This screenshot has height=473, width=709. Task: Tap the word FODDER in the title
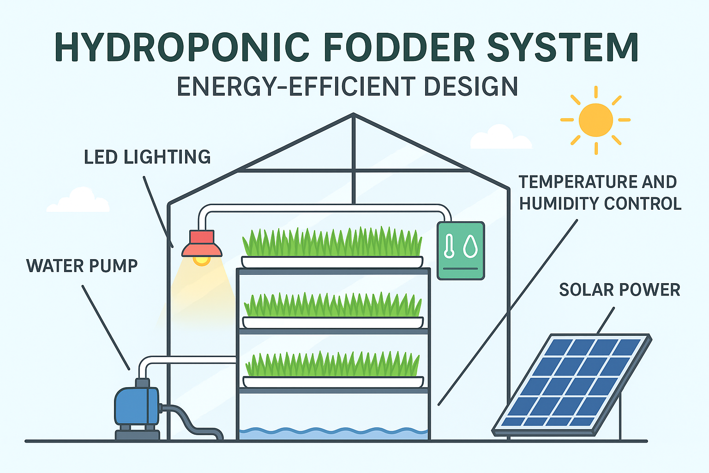399,47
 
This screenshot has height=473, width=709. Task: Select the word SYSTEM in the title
563,47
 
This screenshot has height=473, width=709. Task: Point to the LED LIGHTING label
147,158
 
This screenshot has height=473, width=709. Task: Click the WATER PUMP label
82,266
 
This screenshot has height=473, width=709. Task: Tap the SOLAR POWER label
619,290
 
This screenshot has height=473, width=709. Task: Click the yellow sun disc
595,120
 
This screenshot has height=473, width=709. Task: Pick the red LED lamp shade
202,244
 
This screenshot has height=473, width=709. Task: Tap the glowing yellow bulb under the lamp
201,260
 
